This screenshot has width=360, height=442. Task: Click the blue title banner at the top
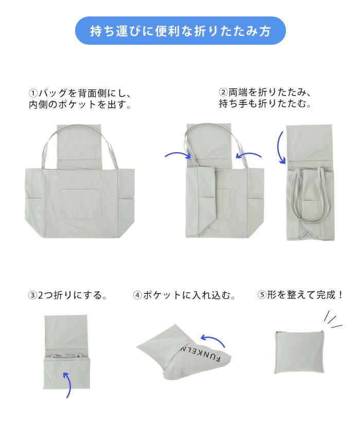180,31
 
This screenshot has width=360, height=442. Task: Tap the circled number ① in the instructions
33,94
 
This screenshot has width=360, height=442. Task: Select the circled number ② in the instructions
223,92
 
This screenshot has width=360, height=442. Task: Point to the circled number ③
32,296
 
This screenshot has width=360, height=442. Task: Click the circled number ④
137,296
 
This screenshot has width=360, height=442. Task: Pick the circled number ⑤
262,295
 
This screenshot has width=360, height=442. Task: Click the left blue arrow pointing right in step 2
178,154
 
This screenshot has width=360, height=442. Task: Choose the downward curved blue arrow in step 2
280,147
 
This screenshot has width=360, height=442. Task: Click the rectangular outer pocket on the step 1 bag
81,204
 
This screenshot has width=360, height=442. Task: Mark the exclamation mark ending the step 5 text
341,295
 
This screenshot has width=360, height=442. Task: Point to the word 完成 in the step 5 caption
327,295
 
